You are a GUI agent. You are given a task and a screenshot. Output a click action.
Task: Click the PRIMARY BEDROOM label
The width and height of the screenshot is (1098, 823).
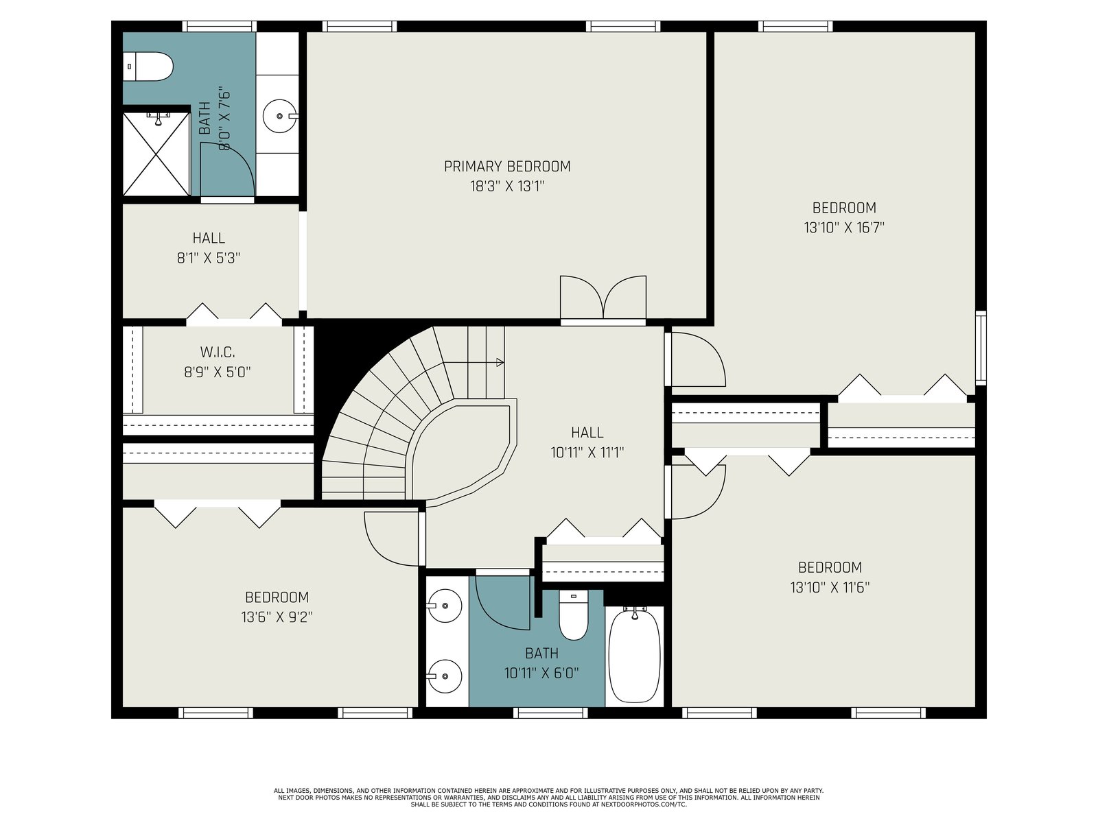[506, 167]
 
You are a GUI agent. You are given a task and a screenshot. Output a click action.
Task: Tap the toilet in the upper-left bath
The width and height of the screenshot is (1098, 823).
[148, 67]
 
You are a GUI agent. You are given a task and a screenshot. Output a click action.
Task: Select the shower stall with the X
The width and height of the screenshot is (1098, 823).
[156, 154]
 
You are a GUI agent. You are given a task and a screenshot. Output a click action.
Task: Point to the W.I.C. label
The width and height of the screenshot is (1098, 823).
[218, 353]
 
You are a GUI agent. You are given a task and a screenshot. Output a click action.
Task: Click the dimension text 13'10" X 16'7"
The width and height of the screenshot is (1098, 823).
[844, 228]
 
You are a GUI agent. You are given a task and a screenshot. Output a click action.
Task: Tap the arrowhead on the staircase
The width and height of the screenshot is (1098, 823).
[500, 362]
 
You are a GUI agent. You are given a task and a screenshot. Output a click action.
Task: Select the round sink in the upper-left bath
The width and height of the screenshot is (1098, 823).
[280, 116]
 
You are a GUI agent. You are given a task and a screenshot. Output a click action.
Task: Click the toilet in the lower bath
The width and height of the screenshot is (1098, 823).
[573, 615]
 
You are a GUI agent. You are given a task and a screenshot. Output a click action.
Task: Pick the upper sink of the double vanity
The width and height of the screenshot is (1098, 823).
[445, 606]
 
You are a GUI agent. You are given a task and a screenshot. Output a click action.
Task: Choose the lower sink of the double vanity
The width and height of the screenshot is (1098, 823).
[445, 677]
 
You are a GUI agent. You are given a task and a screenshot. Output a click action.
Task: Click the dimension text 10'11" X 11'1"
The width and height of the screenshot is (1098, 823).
[587, 453]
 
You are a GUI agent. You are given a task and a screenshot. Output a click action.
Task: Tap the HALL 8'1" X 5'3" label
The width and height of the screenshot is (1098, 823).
[209, 248]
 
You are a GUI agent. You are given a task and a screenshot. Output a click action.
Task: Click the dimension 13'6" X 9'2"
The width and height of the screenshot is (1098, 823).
[277, 618]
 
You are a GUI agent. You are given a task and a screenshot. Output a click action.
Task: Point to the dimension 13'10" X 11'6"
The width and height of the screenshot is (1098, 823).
[830, 588]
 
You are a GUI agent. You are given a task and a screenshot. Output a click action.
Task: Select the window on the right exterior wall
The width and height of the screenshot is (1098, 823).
[981, 348]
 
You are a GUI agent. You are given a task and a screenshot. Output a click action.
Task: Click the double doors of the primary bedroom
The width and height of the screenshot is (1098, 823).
[603, 298]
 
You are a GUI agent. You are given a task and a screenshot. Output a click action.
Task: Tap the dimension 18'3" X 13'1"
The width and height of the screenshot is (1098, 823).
[506, 187]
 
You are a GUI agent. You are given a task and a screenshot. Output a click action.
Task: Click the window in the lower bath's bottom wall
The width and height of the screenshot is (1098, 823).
[550, 713]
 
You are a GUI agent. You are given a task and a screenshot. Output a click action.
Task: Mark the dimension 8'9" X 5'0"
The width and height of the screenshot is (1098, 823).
[218, 372]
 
